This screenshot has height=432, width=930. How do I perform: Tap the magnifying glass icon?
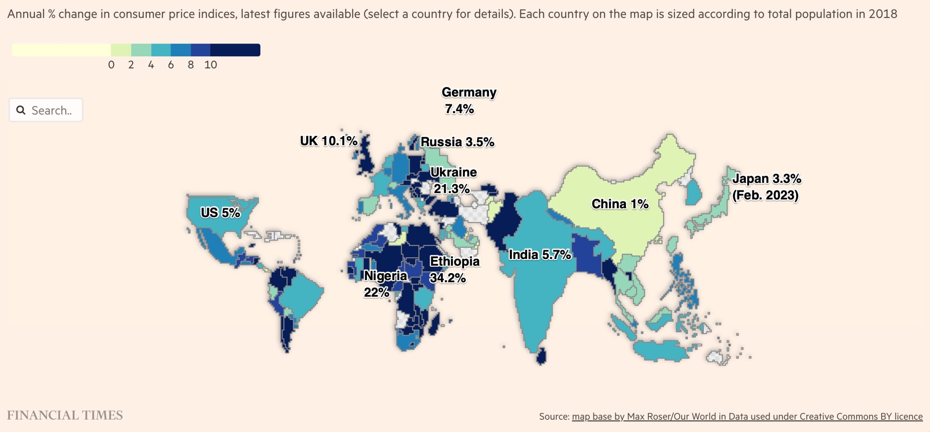click(x=21, y=110)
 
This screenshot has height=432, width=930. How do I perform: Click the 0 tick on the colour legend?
click(x=111, y=65)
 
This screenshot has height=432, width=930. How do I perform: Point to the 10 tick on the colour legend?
click(x=211, y=65)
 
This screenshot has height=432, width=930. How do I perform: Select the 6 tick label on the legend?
click(x=171, y=65)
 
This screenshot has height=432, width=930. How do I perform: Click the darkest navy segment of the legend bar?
click(x=235, y=50)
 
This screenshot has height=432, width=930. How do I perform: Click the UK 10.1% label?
click(x=328, y=141)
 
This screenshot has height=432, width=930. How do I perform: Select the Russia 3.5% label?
click(x=457, y=142)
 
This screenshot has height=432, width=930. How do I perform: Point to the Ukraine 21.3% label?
click(x=453, y=180)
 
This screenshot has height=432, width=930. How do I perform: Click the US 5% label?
click(x=220, y=213)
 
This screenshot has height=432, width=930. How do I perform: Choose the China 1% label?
click(x=620, y=204)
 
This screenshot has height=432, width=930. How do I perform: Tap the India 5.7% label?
click(x=539, y=255)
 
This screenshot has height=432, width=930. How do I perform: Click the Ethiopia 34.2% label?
click(x=454, y=270)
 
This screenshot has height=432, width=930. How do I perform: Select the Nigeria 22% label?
click(x=385, y=284)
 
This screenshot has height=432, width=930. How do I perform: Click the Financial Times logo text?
click(x=65, y=415)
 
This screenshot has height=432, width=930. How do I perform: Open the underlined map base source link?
click(x=747, y=416)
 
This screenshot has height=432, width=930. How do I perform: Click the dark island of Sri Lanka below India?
click(x=541, y=356)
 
